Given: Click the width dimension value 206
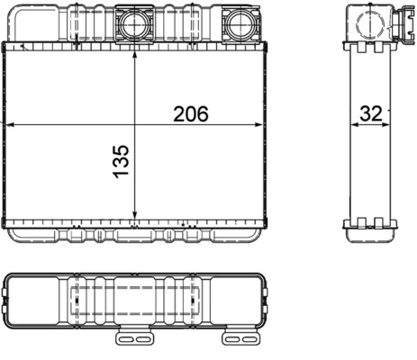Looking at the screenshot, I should coord(190,113).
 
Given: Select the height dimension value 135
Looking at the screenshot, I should coord(122,159).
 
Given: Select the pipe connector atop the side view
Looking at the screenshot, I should coord(372,20).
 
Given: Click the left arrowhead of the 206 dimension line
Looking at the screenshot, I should coord(9,125).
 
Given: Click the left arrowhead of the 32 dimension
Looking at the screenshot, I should coord(353,125).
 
